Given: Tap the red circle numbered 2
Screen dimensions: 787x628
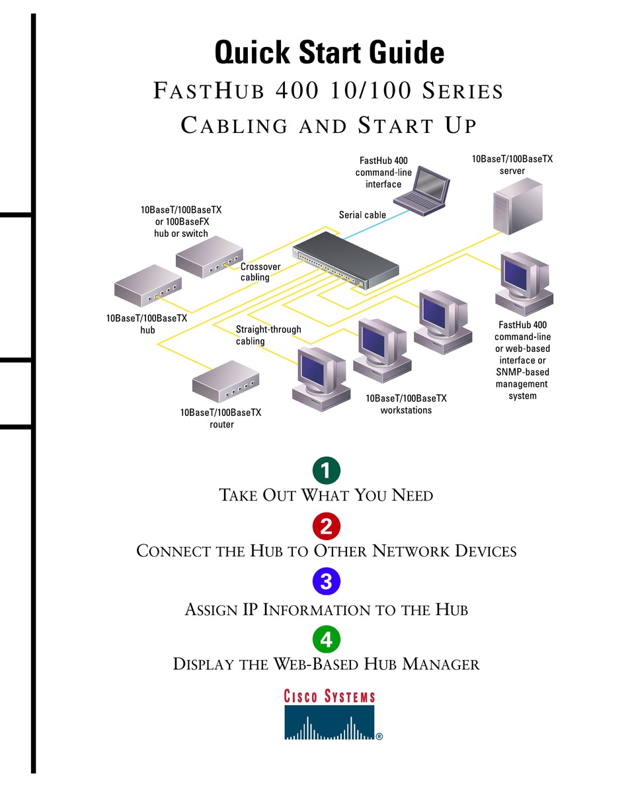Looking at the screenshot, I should click(326, 526).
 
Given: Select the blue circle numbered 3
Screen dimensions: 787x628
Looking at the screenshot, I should click(326, 582).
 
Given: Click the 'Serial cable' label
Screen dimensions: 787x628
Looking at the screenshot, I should click(362, 215).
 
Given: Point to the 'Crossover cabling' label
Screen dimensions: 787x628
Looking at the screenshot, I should click(260, 272).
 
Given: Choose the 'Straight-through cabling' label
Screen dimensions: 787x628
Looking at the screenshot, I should click(268, 335).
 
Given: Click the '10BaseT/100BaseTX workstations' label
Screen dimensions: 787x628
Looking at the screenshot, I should click(406, 404).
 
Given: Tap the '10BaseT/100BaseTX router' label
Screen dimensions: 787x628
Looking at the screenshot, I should click(221, 419).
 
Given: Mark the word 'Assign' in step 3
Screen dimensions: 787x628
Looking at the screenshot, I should click(211, 609).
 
